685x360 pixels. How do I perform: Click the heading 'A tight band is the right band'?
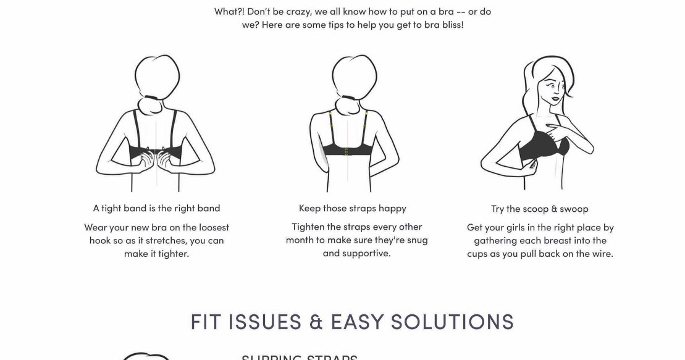[x=156, y=208]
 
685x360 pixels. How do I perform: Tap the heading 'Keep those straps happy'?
[x=352, y=208]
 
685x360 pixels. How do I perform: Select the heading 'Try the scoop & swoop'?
[x=539, y=209]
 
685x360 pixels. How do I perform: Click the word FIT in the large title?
[x=207, y=322]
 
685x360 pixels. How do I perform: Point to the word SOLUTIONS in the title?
[x=452, y=322]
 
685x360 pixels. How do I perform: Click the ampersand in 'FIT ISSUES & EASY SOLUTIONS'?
[x=316, y=322]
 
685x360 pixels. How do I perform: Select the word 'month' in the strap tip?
[x=299, y=240]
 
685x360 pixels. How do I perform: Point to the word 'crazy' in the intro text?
[x=298, y=12]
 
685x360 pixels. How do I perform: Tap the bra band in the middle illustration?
[x=347, y=149]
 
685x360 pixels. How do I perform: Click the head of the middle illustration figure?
[x=354, y=75]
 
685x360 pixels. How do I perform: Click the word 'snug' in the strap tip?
[x=416, y=240]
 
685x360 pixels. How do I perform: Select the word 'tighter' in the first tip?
[x=174, y=254]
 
